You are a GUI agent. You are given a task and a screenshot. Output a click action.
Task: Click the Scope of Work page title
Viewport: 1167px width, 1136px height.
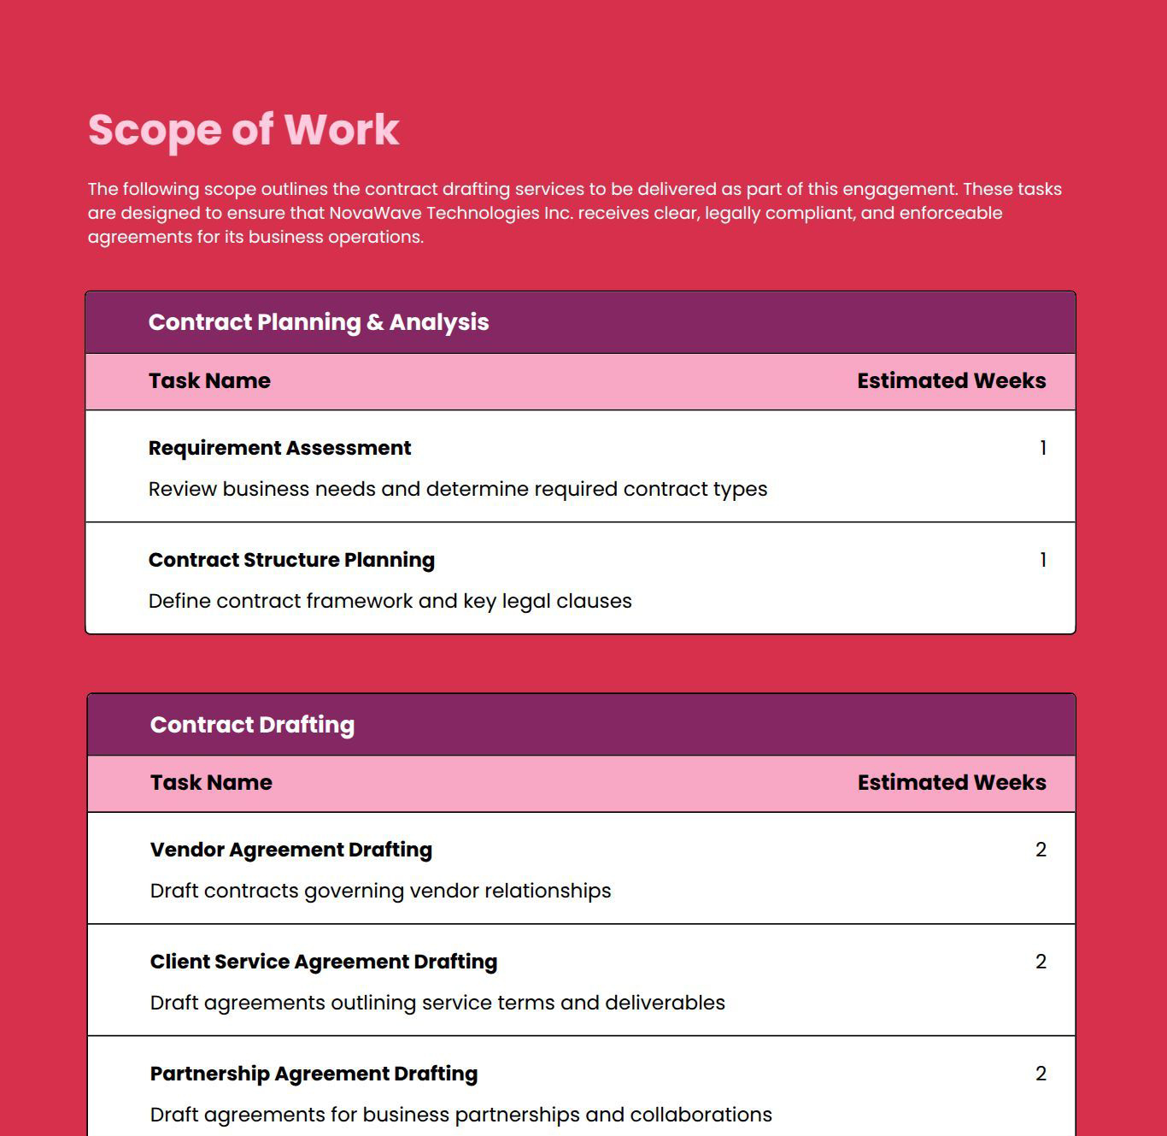[x=243, y=130]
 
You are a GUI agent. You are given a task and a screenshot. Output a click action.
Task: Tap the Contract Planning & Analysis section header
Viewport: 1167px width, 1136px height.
[x=319, y=322]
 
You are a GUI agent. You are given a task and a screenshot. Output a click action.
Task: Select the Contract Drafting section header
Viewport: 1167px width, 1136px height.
[x=252, y=725]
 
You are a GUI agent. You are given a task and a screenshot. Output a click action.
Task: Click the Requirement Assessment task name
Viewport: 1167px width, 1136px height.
[x=279, y=448]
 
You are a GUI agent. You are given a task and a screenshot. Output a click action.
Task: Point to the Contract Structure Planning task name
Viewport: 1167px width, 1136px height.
[x=291, y=560]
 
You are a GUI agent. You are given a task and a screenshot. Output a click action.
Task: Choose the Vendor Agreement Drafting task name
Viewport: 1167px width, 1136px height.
[x=290, y=850]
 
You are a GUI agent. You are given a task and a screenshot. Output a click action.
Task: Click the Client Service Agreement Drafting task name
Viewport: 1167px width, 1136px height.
[x=323, y=962]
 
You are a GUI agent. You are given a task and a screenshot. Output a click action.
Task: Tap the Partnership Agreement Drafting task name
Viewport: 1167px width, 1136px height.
[x=314, y=1074]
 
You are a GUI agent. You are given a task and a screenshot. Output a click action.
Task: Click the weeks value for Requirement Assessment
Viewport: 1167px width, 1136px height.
[x=1042, y=448]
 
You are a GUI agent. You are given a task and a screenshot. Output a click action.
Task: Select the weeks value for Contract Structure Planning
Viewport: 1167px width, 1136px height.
[x=1042, y=560]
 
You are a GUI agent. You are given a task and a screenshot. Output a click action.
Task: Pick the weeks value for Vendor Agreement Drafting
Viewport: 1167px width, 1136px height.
[x=1041, y=850]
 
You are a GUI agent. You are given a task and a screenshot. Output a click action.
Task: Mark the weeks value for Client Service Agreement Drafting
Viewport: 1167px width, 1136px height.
[x=1041, y=962]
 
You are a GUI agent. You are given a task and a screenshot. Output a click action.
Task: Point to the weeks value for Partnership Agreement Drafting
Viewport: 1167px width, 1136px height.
[x=1041, y=1074]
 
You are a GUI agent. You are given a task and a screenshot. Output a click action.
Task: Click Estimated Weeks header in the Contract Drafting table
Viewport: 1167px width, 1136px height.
[x=952, y=782]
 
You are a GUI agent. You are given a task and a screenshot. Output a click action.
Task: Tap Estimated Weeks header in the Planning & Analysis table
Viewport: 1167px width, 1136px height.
[x=952, y=380]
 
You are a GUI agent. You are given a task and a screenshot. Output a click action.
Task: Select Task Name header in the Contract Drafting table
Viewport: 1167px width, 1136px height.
[x=211, y=782]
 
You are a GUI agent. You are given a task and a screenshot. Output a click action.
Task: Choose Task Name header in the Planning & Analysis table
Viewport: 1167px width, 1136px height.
[x=209, y=380]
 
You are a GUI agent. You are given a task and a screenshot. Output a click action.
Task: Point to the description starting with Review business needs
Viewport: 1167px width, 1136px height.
[x=458, y=489]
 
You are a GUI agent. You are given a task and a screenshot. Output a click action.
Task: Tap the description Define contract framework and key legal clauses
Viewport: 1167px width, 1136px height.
[x=390, y=601]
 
